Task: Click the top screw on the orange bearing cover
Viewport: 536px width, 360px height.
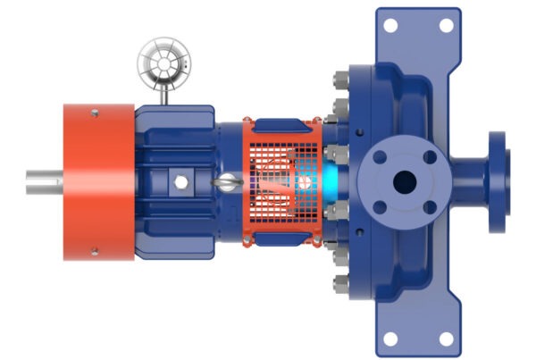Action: click(93, 112)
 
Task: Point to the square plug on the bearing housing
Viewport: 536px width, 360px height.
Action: click(181, 181)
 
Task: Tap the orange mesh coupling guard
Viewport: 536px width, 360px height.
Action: click(284, 181)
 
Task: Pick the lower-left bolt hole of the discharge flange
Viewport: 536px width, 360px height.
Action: click(379, 208)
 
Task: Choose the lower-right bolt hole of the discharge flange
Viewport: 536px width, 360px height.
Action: click(430, 208)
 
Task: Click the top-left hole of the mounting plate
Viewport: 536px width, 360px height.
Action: click(389, 24)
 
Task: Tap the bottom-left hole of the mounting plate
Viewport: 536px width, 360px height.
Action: click(389, 338)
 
